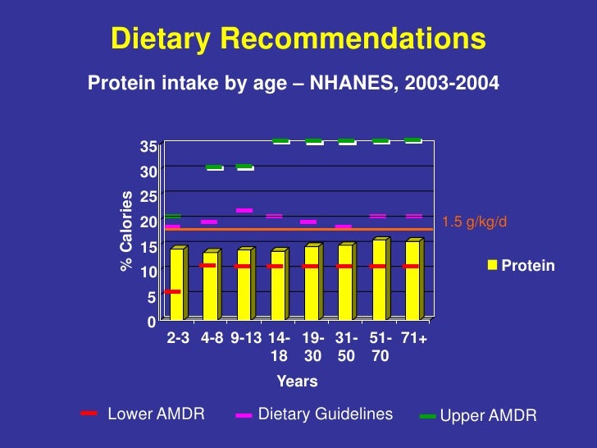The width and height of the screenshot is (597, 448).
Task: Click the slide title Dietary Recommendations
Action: [x=298, y=39]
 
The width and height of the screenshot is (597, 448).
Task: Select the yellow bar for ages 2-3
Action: [x=176, y=284]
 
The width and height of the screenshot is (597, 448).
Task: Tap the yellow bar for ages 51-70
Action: [x=379, y=279]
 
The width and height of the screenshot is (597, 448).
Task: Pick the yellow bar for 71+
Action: [x=412, y=280]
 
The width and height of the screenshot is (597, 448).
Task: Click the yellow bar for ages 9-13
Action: [x=244, y=285]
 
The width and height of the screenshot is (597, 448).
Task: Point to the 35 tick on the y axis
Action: [x=148, y=148]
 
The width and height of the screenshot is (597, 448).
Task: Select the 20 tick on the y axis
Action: [x=148, y=222]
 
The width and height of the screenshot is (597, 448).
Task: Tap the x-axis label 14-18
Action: [x=279, y=347]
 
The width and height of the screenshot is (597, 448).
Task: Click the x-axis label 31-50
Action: [x=346, y=347]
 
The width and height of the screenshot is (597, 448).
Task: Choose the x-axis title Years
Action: [x=297, y=382]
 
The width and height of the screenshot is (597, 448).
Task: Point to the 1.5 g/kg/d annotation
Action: [x=475, y=222]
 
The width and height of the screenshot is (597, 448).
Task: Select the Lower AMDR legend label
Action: [x=156, y=414]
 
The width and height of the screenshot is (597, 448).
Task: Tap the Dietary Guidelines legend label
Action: [x=326, y=414]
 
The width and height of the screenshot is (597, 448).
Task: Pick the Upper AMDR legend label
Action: [x=488, y=416]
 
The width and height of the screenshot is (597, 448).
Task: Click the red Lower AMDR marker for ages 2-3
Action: [x=171, y=291]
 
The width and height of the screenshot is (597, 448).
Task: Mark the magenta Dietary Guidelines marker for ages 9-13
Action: [x=244, y=211]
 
